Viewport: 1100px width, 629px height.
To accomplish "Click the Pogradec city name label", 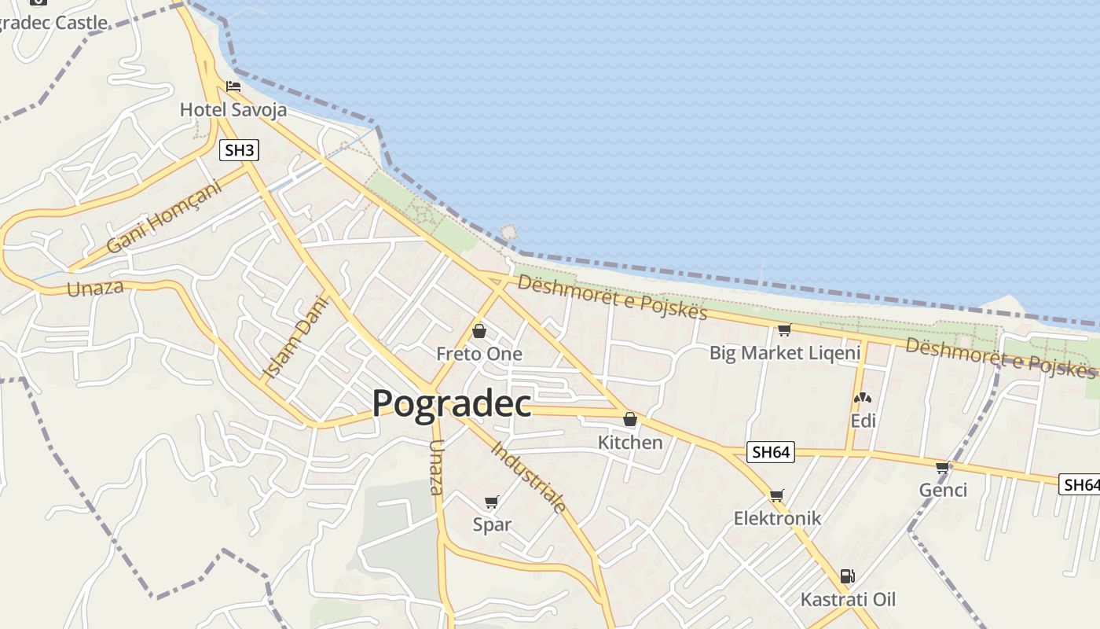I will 452,403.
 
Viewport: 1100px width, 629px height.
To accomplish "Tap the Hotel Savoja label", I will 233,109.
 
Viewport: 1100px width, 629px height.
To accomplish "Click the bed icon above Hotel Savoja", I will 233,86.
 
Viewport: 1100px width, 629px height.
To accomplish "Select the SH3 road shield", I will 239,150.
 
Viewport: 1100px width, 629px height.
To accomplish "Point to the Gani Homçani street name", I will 164,219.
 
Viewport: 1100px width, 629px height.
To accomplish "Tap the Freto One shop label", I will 479,354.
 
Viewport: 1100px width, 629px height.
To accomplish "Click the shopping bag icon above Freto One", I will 479,331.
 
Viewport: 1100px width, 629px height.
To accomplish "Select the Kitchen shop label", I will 630,443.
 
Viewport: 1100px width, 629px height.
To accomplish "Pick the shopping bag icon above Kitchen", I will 630,419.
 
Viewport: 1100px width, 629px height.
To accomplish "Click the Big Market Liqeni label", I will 785,353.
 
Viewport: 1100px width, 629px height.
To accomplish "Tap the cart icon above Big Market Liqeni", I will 784,329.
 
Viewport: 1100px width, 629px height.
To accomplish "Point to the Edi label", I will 863,421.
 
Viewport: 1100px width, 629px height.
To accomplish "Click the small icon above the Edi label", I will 863,399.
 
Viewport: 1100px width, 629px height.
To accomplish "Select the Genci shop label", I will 943,491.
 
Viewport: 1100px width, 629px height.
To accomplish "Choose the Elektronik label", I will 777,518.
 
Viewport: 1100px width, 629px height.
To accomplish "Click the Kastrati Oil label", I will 848,600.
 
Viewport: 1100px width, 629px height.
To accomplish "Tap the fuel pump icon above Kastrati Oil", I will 847,576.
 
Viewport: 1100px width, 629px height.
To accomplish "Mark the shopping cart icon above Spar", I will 492,502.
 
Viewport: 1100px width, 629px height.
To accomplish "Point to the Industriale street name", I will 528,477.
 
